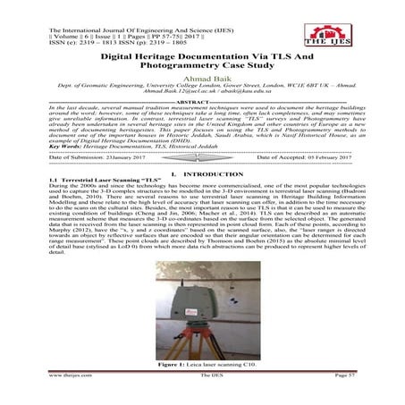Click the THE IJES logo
368,24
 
